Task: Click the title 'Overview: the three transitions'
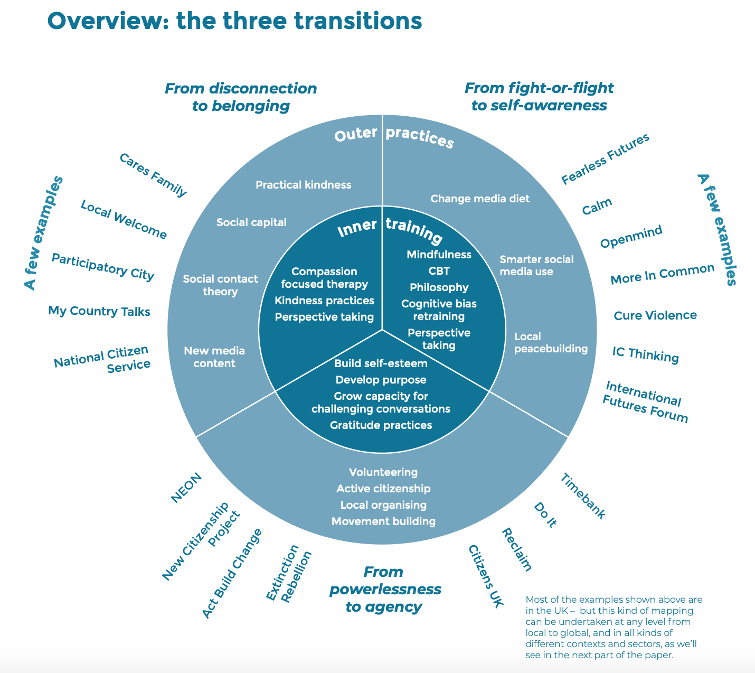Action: (234, 21)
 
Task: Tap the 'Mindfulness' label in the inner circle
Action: (439, 255)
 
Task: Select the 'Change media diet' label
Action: (480, 199)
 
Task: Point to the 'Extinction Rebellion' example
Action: (289, 574)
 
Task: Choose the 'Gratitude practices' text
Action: (381, 425)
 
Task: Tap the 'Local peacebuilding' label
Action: (551, 343)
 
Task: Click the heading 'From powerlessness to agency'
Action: (385, 590)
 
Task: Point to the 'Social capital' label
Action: (251, 222)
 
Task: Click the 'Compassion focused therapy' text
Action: (324, 278)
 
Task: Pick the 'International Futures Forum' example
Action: (645, 403)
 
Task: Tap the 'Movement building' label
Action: (383, 521)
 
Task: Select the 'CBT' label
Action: (439, 271)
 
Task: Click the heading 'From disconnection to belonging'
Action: (241, 97)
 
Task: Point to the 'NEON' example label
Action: (186, 488)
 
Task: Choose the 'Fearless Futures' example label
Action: (605, 159)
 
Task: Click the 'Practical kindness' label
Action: (303, 185)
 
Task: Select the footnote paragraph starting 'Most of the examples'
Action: (614, 628)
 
